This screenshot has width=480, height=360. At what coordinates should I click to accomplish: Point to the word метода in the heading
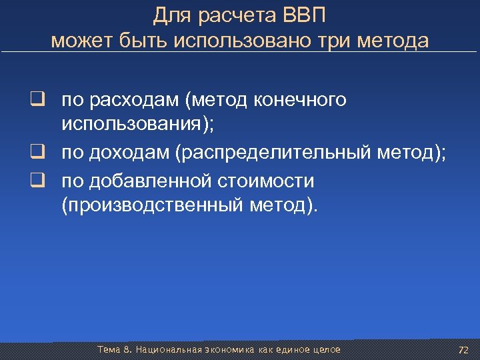[x=393, y=41]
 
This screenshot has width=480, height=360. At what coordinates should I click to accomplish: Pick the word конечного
[x=301, y=100]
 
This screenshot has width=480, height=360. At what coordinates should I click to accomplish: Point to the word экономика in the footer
[x=225, y=349]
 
